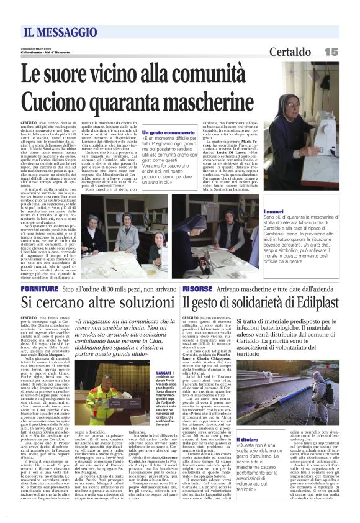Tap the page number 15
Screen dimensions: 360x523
[x=331, y=52]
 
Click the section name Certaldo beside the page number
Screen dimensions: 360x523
[x=290, y=52]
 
